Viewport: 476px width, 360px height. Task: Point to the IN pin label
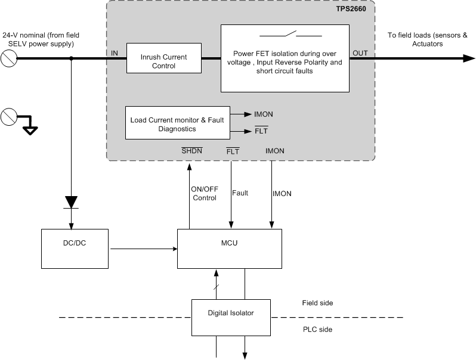pyautogui.click(x=115, y=54)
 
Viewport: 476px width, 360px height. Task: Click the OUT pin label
pyautogui.click(x=360, y=54)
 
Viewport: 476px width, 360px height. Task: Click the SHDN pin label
pyautogui.click(x=192, y=151)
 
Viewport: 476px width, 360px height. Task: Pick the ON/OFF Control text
pyautogui.click(x=204, y=193)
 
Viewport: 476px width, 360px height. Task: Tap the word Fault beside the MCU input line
pyautogui.click(x=240, y=193)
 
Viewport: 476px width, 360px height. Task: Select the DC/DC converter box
pyautogui.click(x=75, y=248)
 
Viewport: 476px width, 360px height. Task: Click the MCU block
pyautogui.click(x=229, y=248)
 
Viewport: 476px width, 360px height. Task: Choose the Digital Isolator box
pyautogui.click(x=230, y=316)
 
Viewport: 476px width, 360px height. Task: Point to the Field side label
pyautogui.click(x=317, y=303)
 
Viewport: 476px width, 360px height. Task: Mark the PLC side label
pyautogui.click(x=317, y=329)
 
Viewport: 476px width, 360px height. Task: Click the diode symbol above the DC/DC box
pyautogui.click(x=72, y=202)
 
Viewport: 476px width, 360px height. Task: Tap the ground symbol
pyautogui.click(x=29, y=127)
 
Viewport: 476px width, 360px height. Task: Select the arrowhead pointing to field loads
pyautogui.click(x=468, y=58)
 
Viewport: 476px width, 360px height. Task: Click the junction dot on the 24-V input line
pyautogui.click(x=72, y=58)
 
